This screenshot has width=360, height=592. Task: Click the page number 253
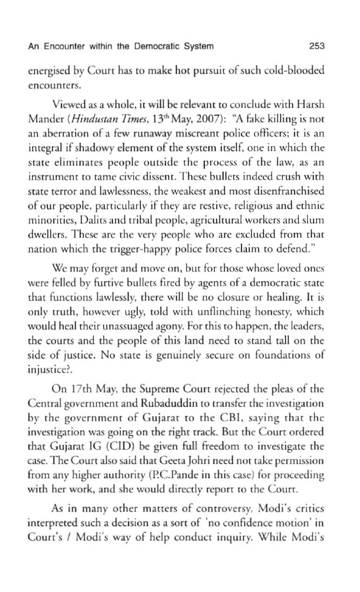click(x=317, y=46)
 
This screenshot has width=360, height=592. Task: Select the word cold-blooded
click(x=297, y=71)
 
